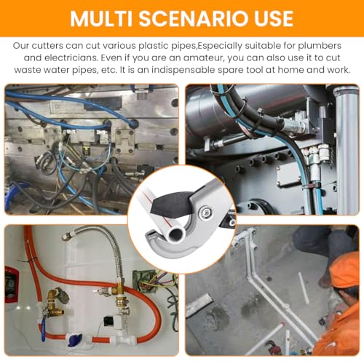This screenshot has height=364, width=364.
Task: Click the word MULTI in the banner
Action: (x=101, y=19)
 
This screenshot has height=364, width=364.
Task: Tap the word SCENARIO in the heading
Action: (x=195, y=19)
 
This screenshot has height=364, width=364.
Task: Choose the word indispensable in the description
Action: (x=183, y=70)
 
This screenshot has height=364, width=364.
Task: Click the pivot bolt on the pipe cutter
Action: (x=206, y=212)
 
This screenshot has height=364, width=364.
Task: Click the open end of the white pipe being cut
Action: (x=177, y=234)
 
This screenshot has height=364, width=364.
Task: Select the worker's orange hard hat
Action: (x=344, y=270)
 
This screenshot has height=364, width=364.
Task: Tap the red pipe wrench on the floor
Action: (x=274, y=347)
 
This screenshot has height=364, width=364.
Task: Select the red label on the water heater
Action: (x=12, y=284)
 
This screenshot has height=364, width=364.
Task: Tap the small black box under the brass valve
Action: (x=108, y=322)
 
